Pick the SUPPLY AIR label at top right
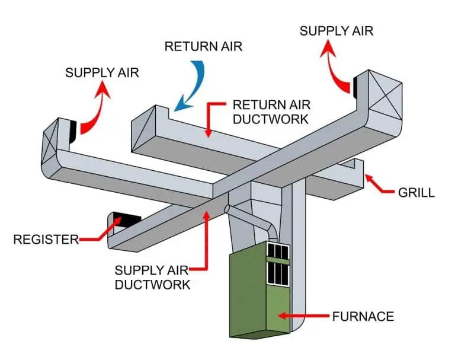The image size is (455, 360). click(x=337, y=30)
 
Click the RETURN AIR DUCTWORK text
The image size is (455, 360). click(x=271, y=111)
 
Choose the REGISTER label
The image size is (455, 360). click(x=45, y=240)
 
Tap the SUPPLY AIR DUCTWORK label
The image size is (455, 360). click(x=152, y=277)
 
